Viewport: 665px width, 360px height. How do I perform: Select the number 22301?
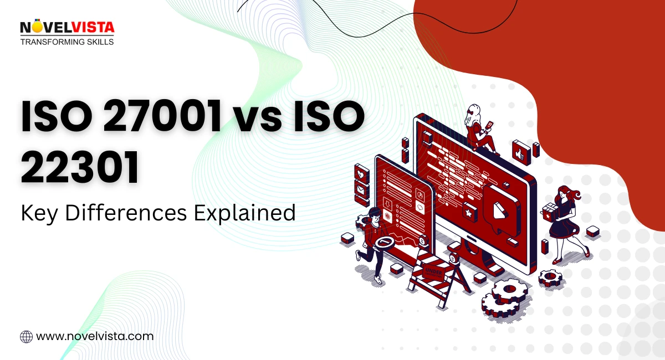[x=80, y=169]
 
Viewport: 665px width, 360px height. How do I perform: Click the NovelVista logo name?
[x=66, y=27]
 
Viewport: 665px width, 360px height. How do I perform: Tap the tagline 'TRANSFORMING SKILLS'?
[x=66, y=42]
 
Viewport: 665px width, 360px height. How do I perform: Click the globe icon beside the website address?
[x=26, y=336]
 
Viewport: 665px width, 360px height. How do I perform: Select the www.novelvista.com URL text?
[x=95, y=336]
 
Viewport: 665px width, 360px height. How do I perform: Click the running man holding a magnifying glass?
[x=377, y=244]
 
